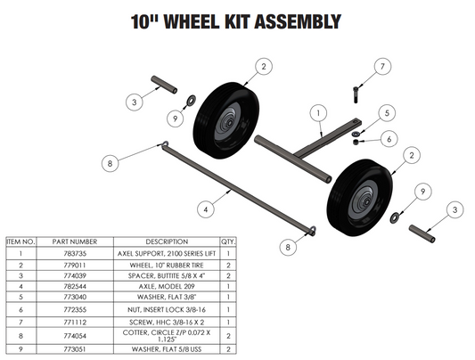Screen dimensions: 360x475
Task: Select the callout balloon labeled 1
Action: tap(316, 113)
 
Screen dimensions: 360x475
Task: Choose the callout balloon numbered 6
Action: tap(388, 138)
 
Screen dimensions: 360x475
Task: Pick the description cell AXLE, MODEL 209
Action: tap(167, 288)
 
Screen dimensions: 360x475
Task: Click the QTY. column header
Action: tap(227, 241)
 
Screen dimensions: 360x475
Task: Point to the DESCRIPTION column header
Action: tap(167, 241)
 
